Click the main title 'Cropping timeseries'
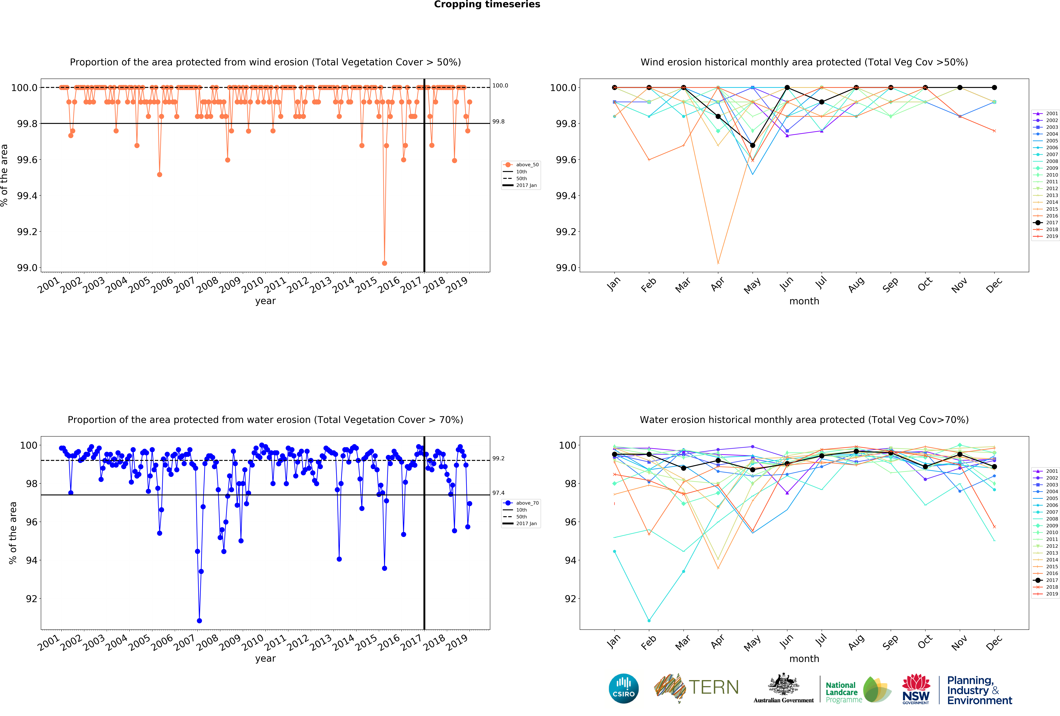(487, 5)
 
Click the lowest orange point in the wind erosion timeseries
(385, 263)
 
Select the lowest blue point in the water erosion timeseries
(199, 621)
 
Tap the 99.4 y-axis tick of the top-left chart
(27, 196)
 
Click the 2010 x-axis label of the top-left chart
(252, 284)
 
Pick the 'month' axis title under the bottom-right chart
(804, 658)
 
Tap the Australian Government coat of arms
(783, 684)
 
